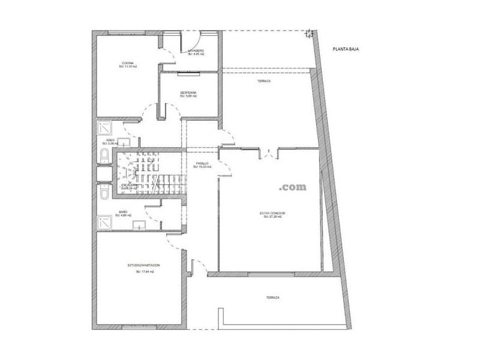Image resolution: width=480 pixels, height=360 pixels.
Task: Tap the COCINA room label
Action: [128, 63]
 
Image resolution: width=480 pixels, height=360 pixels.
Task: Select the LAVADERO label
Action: [196, 50]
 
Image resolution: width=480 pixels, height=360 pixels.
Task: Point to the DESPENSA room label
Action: [188, 92]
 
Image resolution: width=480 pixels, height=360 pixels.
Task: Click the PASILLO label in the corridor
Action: [202, 163]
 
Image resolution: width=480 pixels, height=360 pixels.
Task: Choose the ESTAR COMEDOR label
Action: [272, 213]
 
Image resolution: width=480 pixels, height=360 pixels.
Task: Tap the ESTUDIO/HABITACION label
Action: [144, 265]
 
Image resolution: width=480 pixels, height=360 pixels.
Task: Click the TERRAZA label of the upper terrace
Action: [264, 81]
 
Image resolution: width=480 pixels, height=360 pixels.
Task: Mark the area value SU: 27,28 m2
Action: [272, 217]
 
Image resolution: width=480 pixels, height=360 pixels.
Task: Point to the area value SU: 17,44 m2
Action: [145, 271]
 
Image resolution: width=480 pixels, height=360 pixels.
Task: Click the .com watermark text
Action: [292, 187]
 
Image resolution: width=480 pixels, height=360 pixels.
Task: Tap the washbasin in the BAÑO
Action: [139, 226]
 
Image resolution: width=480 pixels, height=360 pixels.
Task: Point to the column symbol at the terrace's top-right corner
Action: [310, 33]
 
